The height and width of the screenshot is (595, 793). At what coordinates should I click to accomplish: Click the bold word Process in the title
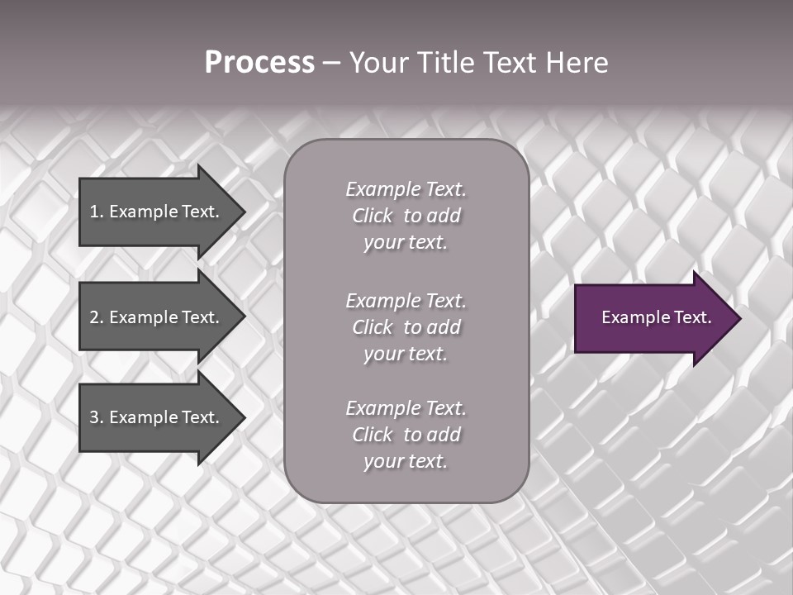tap(259, 63)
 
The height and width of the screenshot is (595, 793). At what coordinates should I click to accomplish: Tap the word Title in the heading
tap(444, 63)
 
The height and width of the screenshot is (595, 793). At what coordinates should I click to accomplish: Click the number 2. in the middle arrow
tap(97, 317)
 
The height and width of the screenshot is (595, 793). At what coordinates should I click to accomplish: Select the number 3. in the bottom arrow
tap(97, 417)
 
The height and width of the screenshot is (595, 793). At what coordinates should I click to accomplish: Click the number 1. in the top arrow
tap(97, 212)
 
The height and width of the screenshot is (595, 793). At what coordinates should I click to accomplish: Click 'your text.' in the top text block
tap(406, 243)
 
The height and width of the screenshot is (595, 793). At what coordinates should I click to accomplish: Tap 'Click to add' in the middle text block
tap(406, 328)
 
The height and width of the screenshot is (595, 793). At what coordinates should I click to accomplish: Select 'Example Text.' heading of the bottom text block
tap(406, 408)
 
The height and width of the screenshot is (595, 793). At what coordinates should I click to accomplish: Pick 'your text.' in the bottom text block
tap(406, 462)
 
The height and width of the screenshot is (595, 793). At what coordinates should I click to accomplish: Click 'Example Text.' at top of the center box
tap(406, 189)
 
